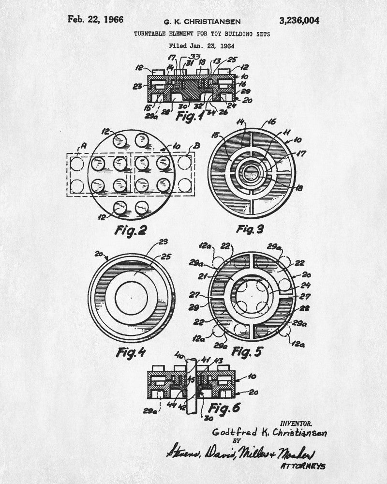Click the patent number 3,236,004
click(299, 20)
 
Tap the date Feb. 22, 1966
click(95, 19)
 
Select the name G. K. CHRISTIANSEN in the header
click(202, 22)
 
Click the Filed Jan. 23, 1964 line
click(202, 46)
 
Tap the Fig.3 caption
click(250, 229)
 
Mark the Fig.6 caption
click(223, 408)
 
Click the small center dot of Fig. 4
click(131, 297)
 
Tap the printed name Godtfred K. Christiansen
click(269, 432)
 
